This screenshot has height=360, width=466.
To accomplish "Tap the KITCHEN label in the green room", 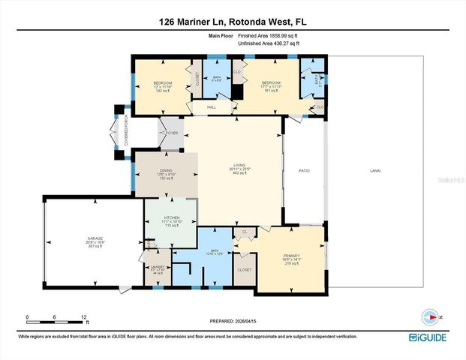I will (172, 217).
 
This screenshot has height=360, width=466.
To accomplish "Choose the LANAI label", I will (374, 170).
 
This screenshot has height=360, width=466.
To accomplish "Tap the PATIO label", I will (304, 170).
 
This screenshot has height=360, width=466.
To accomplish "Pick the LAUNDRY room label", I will (158, 266).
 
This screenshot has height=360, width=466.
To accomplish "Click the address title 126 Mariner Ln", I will (233, 22).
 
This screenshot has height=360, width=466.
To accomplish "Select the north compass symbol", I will (429, 316).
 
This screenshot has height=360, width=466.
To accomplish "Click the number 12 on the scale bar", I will (84, 316).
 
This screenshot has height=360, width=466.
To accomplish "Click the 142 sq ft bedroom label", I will (164, 85).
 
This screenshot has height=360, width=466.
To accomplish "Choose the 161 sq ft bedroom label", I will (271, 85).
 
